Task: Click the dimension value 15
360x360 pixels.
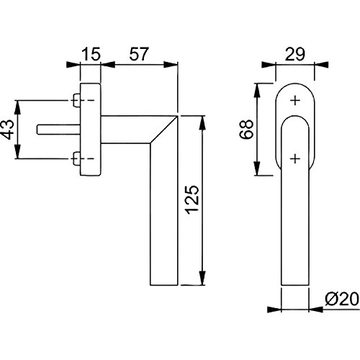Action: (x=91, y=54)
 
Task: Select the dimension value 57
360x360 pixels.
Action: (x=139, y=54)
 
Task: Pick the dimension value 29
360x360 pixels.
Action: (x=295, y=54)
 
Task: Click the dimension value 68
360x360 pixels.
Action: (x=246, y=130)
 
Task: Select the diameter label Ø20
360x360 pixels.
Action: (x=342, y=300)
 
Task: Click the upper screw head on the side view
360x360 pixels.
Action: (x=76, y=100)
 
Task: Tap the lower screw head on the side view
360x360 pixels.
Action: (x=76, y=158)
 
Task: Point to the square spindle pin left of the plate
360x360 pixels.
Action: (x=58, y=130)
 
